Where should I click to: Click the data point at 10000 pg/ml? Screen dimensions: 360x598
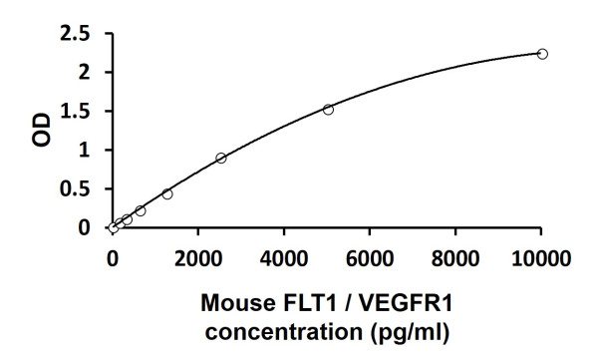[542, 53]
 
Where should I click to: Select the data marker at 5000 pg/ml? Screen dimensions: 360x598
[328, 109]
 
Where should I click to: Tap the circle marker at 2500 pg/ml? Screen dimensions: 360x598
[220, 158]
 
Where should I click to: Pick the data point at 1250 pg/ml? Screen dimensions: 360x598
[166, 193]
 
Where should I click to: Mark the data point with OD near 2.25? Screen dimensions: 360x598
[542, 53]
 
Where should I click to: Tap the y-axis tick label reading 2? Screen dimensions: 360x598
[92, 73]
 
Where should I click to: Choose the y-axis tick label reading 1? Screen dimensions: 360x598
[92, 151]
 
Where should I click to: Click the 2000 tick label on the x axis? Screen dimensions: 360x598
[198, 259]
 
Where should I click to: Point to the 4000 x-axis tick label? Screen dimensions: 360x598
[284, 259]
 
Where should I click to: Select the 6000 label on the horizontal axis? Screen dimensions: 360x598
[370, 259]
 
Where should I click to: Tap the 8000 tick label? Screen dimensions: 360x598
[455, 259]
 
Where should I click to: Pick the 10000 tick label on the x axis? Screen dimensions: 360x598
[541, 259]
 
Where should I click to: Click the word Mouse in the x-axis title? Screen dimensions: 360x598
[234, 301]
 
